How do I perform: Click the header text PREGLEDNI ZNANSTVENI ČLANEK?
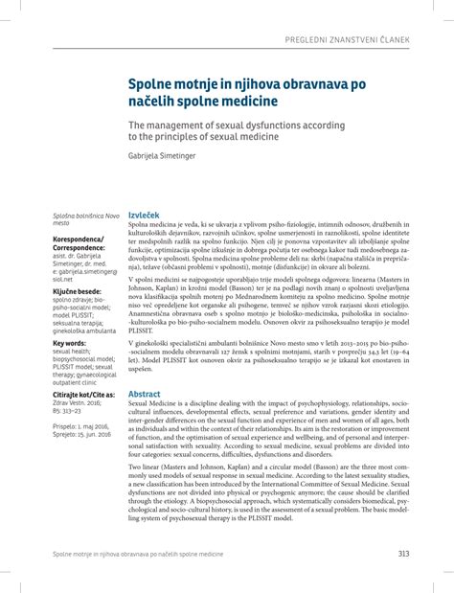[368, 38]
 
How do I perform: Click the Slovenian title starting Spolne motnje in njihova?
[247, 92]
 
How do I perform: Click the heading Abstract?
[145, 394]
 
